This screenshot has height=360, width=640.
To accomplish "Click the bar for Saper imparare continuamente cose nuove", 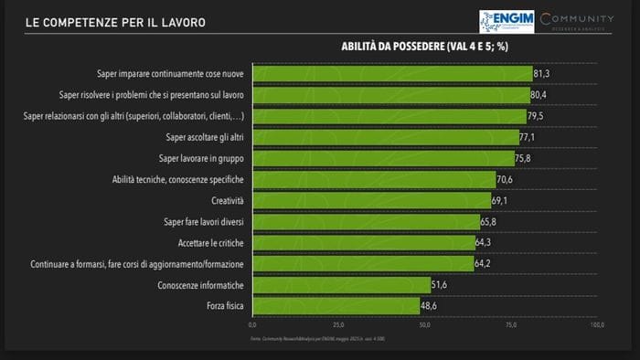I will tap(391, 73).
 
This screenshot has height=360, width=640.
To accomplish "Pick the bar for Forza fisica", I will tap(336, 306).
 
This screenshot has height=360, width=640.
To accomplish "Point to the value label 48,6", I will tap(431, 307).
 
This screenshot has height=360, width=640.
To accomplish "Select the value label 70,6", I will tap(507, 180).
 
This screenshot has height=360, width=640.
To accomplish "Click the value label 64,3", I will tap(485, 243).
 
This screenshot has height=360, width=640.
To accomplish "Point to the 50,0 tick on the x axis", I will tap(425, 324).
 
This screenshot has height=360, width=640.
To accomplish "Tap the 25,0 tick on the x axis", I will tap(338, 324).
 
